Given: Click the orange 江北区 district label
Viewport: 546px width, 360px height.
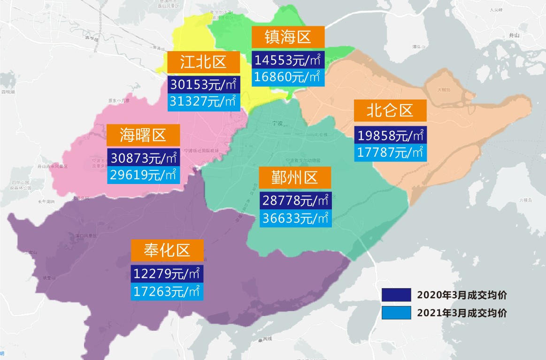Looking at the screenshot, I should [204, 62].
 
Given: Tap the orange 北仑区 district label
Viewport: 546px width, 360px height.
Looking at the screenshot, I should [390, 111].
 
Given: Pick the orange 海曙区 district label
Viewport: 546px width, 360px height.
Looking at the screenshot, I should [143, 135].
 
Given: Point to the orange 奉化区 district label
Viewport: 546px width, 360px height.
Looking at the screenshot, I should [168, 250].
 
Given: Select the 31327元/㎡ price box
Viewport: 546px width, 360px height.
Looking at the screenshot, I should [204, 101].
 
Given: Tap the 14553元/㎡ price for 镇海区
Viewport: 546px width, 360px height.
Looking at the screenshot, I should [288, 60].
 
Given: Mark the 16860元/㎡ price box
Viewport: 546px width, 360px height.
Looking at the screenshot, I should [288, 77].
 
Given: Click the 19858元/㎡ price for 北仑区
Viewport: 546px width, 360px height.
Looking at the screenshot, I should [390, 135].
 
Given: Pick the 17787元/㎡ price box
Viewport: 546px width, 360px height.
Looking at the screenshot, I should [390, 152].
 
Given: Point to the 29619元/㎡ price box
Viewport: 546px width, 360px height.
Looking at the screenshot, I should [143, 175].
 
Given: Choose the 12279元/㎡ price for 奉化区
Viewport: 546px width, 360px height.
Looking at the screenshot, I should [168, 274].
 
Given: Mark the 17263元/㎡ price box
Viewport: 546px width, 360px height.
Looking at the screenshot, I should [168, 291].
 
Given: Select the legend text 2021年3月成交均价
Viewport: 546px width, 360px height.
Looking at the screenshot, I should [462, 313].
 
